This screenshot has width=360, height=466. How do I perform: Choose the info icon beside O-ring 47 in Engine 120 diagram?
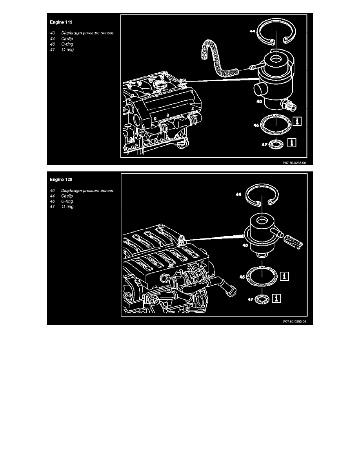click(x=276, y=299)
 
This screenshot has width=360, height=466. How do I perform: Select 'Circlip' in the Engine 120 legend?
click(x=67, y=196)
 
